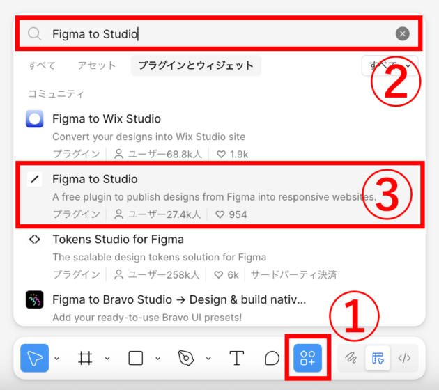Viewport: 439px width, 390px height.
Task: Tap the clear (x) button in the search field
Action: [402, 33]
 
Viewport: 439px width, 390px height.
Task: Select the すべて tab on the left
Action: [42, 65]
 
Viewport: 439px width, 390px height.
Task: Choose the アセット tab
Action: [97, 65]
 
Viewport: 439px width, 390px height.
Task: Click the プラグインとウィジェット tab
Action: [196, 65]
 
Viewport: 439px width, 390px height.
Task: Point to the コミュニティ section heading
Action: [56, 93]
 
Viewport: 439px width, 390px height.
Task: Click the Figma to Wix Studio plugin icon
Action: [35, 119]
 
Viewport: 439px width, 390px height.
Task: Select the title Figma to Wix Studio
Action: [107, 118]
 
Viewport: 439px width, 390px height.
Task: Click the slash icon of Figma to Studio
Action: [35, 180]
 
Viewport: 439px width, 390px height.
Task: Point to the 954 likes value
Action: [238, 214]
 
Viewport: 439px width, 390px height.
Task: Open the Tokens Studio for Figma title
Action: [118, 240]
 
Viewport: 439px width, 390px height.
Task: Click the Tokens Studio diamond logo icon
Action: [35, 240]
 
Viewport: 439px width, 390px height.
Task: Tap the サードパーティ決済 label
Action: [294, 274]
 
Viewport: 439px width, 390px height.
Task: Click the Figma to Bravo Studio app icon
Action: [35, 300]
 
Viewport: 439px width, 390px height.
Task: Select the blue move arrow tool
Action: [33, 358]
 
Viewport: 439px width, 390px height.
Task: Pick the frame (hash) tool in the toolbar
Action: [85, 358]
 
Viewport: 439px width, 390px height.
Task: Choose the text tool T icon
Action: [237, 358]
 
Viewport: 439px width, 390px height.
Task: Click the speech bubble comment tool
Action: [272, 358]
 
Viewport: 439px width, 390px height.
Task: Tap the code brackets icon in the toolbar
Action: [404, 358]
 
